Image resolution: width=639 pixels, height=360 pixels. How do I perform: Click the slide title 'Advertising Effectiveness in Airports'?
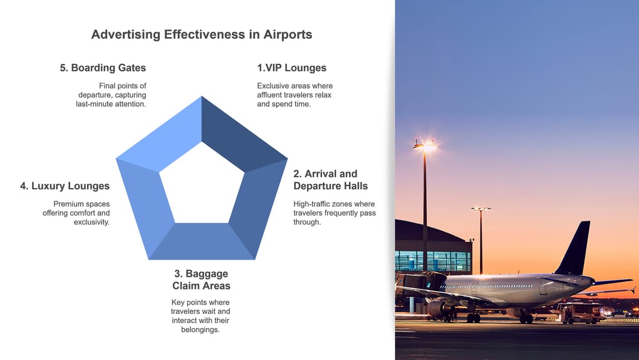tap(202, 35)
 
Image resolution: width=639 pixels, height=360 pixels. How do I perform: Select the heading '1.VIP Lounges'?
tap(291, 68)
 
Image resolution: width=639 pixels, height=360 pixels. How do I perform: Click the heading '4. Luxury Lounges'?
tap(65, 186)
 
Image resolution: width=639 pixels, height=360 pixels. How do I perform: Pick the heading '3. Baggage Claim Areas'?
tap(201, 279)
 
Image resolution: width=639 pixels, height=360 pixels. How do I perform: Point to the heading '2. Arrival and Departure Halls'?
tap(330, 180)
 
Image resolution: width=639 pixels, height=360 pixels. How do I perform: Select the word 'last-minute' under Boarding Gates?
tap(96, 104)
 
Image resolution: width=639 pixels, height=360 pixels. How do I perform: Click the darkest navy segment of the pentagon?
tap(236, 131)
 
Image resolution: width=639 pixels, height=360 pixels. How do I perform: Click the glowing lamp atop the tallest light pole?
tap(424, 146)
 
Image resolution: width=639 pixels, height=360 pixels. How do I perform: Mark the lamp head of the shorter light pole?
tap(481, 208)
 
